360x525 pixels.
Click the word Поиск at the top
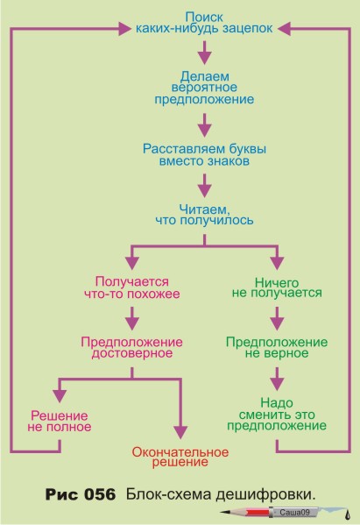pyautogui.click(x=204, y=17)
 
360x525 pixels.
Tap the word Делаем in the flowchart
pyautogui.click(x=205, y=76)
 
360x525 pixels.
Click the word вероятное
pyautogui.click(x=204, y=88)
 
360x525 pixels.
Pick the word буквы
pyautogui.click(x=248, y=149)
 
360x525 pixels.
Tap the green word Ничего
pyautogui.click(x=277, y=282)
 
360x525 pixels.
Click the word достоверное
pyautogui.click(x=132, y=353)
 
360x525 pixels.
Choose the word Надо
pyautogui.click(x=277, y=402)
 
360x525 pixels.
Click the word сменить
pyautogui.click(x=261, y=415)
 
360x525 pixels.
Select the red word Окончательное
pyautogui.click(x=180, y=452)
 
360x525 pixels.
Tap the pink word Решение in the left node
pyautogui.click(x=60, y=415)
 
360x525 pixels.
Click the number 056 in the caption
pyautogui.click(x=99, y=494)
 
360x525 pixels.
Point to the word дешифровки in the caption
pyautogui.click(x=265, y=495)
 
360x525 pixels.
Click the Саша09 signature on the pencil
pyautogui.click(x=294, y=512)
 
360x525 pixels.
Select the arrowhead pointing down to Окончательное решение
pyautogui.click(x=180, y=432)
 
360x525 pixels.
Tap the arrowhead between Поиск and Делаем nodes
pyautogui.click(x=205, y=58)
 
